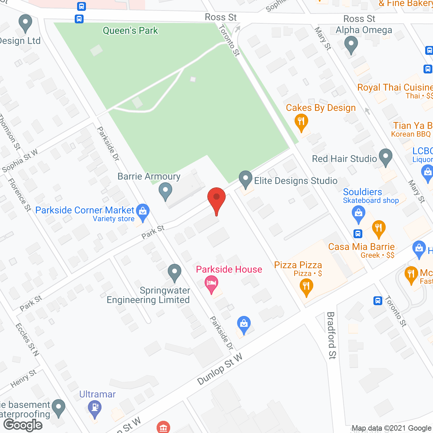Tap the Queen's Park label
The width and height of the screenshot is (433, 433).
130,31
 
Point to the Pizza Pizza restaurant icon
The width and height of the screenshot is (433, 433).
306,287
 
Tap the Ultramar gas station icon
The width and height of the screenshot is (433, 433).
95,408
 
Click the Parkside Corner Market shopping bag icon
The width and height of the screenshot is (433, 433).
143,212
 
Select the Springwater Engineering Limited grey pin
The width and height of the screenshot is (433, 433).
175,272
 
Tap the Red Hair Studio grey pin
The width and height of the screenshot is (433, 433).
385,157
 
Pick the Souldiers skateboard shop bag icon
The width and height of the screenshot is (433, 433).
359,214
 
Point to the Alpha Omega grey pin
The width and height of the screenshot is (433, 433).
351,45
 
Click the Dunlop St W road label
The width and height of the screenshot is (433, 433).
220,369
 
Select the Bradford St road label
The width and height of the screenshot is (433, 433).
331,335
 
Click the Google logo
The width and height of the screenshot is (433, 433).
23,425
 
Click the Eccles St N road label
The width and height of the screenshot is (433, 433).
27,340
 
